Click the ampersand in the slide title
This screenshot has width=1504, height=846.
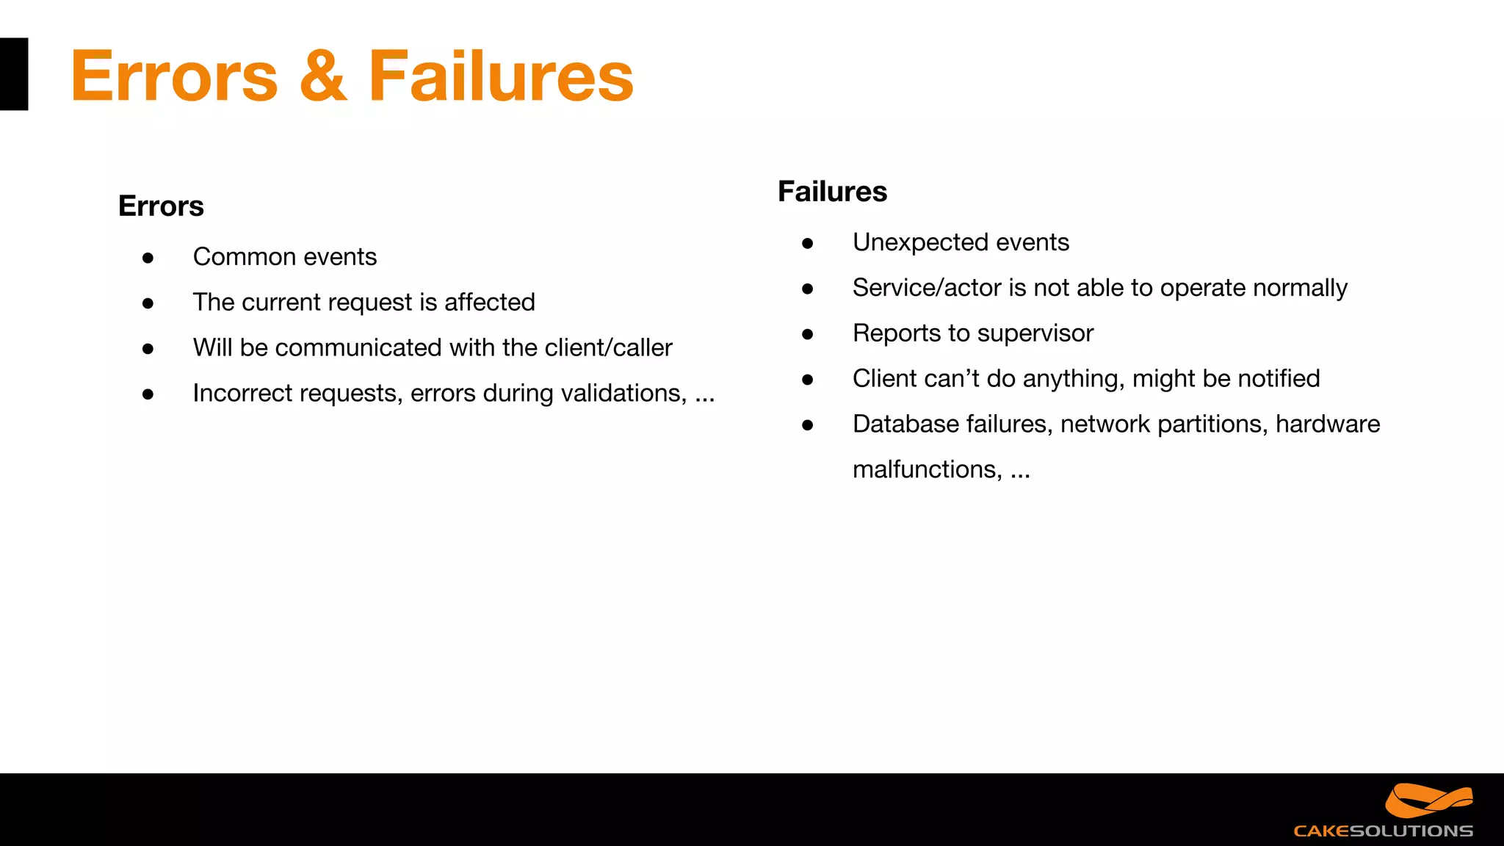323,76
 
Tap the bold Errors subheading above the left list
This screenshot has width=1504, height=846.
161,206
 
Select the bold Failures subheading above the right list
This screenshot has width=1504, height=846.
832,192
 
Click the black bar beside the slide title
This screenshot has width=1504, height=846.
13,74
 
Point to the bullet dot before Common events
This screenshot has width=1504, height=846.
148,258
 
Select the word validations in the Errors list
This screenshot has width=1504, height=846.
624,394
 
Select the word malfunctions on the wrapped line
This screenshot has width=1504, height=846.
927,469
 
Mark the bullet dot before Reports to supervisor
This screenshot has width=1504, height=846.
808,334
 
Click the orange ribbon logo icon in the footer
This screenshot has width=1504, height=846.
1428,800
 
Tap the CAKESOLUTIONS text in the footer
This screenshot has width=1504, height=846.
1383,831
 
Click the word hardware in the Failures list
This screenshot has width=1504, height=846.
1327,424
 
